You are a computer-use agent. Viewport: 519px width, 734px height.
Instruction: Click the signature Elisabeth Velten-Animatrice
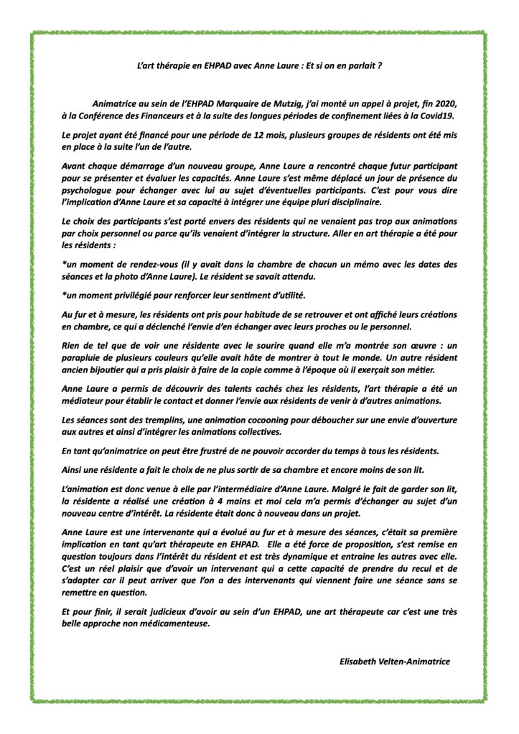pyautogui.click(x=395, y=662)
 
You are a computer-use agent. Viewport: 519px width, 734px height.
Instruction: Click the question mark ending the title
pyautogui.click(x=379, y=65)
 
